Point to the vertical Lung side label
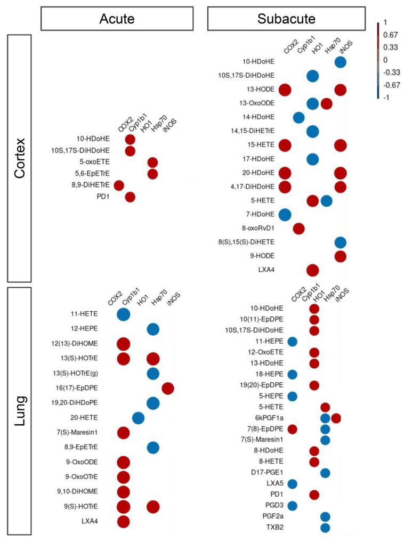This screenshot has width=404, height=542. click(x=19, y=410)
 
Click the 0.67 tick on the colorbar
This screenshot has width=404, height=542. click(x=390, y=35)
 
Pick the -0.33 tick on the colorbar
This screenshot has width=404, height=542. click(x=391, y=72)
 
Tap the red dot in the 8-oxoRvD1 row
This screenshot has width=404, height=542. click(x=299, y=229)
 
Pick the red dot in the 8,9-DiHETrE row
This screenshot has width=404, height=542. click(x=118, y=185)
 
